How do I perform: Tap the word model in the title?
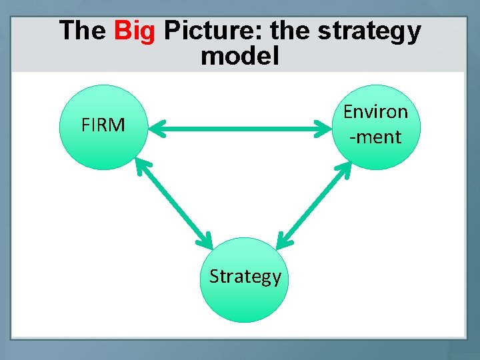coord(239,56)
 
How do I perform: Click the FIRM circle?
coord(102,127)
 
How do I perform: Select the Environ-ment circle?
coord(377,127)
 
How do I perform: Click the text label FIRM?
coord(103,125)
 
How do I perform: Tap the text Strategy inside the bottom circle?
coord(245,276)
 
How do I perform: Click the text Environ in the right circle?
coord(375,112)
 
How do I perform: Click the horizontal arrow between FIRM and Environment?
coord(240,130)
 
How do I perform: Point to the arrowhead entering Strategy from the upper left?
coord(205,239)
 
